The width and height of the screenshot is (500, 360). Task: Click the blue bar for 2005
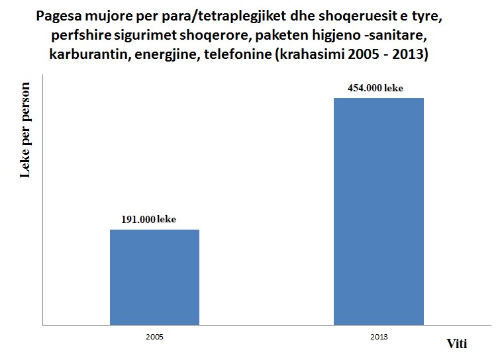tap(154, 277)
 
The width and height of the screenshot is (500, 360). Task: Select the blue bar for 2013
tap(379, 212)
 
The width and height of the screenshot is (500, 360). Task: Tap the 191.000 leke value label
tap(148, 220)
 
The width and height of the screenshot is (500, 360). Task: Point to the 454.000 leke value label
tap(374, 88)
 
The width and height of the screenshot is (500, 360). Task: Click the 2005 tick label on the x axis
tap(154, 337)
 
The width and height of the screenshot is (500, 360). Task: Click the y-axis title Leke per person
tap(26, 140)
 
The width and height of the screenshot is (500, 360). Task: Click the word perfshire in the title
tap(80, 36)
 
